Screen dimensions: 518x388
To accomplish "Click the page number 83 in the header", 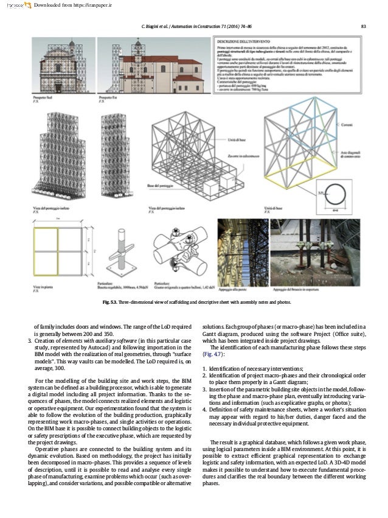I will pyautogui.click(x=362, y=25).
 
